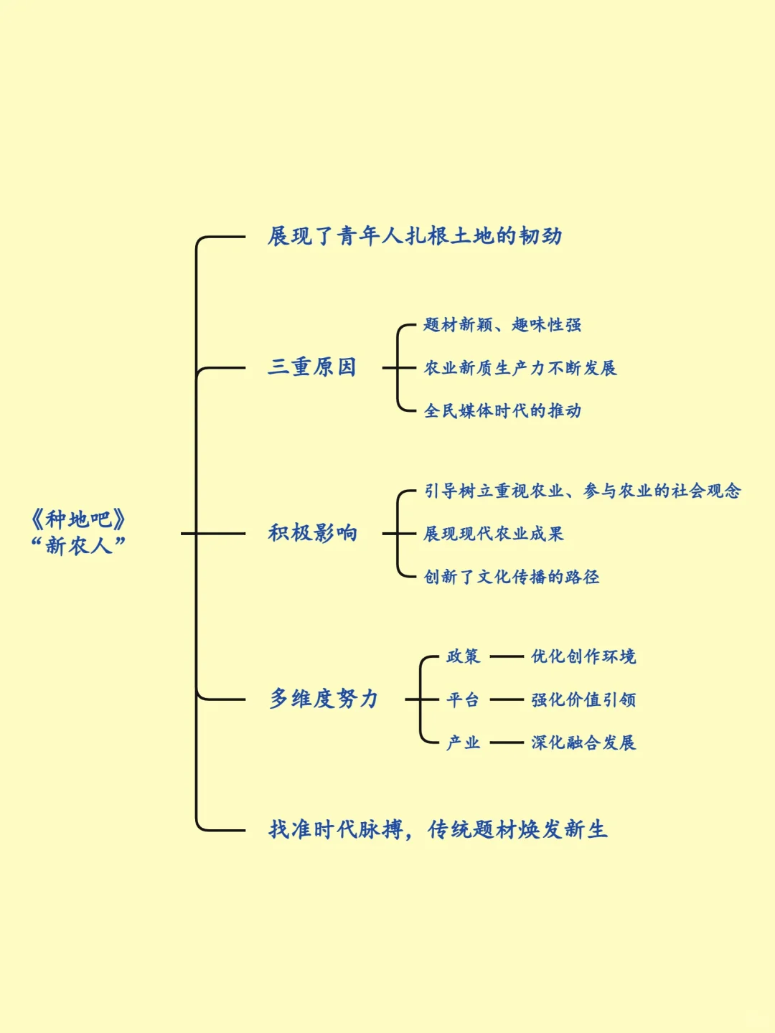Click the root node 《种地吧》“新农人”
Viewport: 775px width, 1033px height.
point(79,532)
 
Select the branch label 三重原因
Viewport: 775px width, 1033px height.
point(312,367)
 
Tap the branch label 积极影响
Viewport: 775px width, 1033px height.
point(312,533)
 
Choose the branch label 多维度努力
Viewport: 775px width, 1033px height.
point(324,699)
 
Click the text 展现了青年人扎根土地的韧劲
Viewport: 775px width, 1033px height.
point(415,236)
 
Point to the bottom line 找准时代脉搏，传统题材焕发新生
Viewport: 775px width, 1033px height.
point(438,830)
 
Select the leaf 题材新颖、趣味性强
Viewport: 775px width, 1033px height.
point(502,325)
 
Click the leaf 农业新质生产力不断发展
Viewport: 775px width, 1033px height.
point(520,368)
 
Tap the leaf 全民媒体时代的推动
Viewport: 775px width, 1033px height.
point(502,411)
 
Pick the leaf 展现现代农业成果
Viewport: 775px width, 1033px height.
point(494,534)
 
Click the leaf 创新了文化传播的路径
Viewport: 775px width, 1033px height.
point(512,577)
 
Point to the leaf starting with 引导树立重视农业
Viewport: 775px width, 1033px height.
point(582,491)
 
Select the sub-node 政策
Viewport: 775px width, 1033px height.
point(463,656)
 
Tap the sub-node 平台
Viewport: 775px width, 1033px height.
point(463,699)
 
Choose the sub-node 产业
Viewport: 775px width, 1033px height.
point(463,742)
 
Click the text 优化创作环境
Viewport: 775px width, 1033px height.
point(583,656)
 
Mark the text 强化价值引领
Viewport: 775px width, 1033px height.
point(583,699)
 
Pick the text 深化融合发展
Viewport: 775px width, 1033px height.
point(583,742)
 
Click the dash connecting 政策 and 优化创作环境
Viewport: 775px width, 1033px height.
point(507,656)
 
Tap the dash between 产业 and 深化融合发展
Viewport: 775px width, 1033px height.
point(507,742)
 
